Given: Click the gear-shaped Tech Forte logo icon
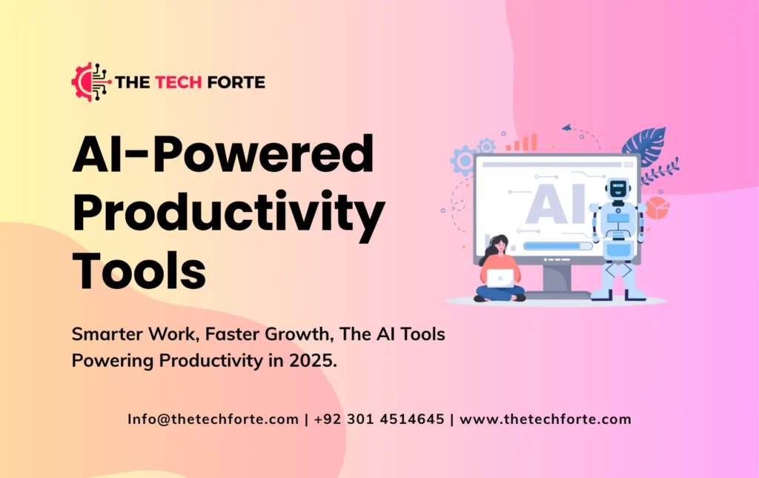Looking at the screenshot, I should pos(88,82).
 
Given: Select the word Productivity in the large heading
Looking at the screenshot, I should pos(228,213).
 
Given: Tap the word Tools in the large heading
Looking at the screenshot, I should pos(139,270).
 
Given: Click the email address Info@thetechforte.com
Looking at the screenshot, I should pos(213,419).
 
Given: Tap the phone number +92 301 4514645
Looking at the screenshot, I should pos(379,419).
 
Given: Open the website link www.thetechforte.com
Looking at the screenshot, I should pos(546,419).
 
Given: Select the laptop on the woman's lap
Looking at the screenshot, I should pos(501,277).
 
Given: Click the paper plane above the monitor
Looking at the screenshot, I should pos(567,127).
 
